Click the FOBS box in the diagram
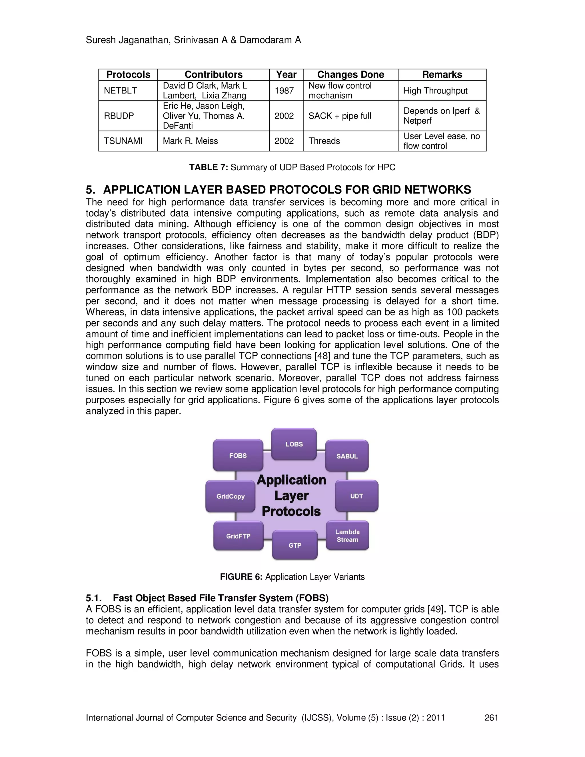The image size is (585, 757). (x=238, y=455)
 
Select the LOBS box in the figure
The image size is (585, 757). (x=294, y=444)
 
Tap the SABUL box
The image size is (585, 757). (x=347, y=456)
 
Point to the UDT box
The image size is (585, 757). (x=356, y=496)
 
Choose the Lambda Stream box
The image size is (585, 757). (x=347, y=536)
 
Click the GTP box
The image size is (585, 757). (x=295, y=545)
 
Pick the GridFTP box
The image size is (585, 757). (x=238, y=536)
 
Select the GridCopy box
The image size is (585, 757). (x=231, y=496)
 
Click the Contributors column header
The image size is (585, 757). (x=213, y=75)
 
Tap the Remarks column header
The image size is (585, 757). (x=442, y=75)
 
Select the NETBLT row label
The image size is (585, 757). (x=120, y=91)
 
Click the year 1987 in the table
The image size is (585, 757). (x=284, y=91)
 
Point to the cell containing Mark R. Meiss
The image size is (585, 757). (x=190, y=141)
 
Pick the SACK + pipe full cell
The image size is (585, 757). (x=340, y=116)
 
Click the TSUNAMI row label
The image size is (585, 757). (x=123, y=141)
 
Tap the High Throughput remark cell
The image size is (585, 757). (x=435, y=91)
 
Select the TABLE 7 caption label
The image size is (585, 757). (x=208, y=167)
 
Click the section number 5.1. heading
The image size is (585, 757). (x=94, y=598)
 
